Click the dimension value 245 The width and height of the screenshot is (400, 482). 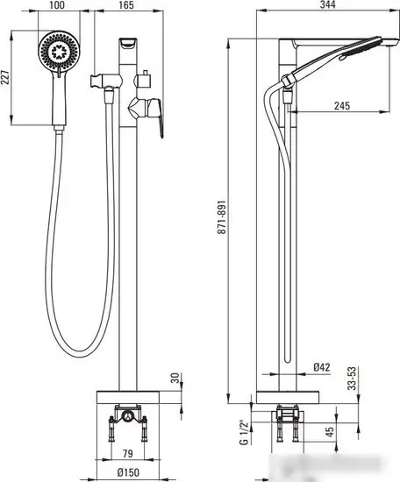(x=341, y=107)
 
